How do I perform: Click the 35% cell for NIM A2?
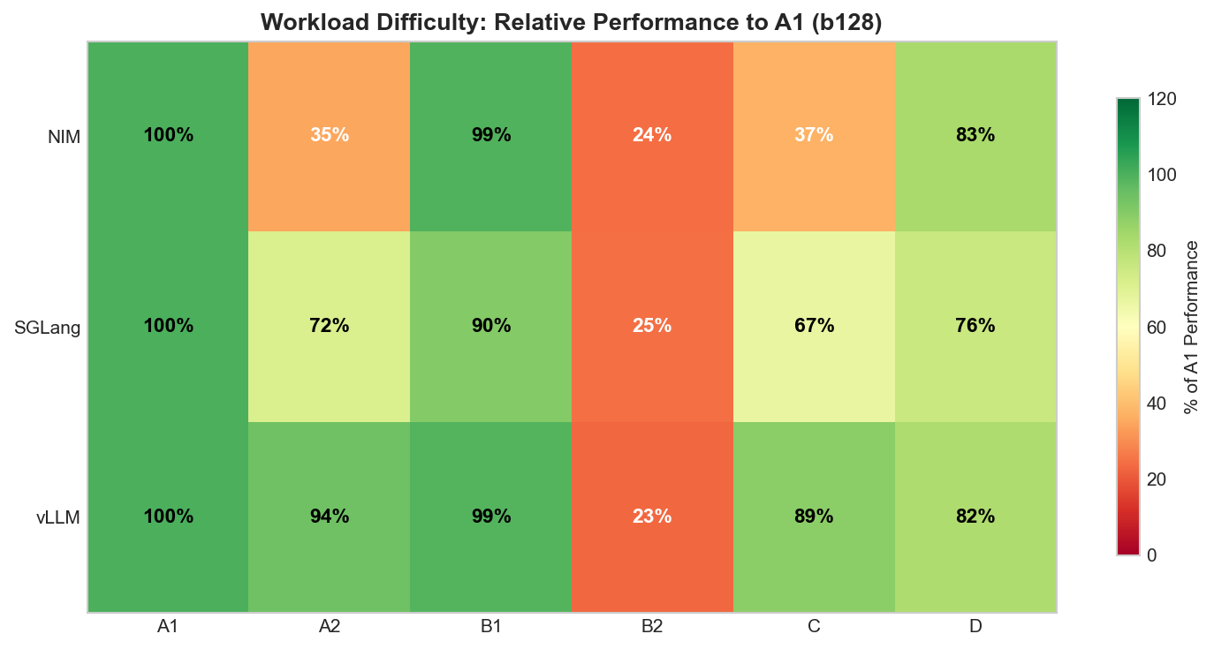[x=330, y=136]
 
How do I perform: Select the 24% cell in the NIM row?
[x=652, y=136]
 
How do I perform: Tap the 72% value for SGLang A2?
[x=330, y=326]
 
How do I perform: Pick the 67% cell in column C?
[x=814, y=326]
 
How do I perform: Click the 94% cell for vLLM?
[x=330, y=517]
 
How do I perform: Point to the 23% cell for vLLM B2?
[x=652, y=517]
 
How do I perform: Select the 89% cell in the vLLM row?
[x=814, y=517]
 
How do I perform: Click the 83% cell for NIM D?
[x=975, y=136]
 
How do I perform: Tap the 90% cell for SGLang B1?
[x=491, y=326]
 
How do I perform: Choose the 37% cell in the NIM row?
[x=814, y=136]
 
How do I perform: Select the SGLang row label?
[x=48, y=328]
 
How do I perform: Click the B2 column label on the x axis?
[x=652, y=627]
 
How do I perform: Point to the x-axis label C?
[x=814, y=627]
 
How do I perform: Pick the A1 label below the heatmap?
[x=168, y=627]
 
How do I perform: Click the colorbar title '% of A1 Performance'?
[x=1191, y=327]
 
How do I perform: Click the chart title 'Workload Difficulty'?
[x=571, y=22]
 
